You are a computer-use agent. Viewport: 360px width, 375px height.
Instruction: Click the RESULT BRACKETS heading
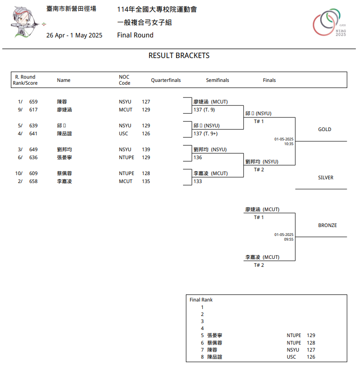click(179, 56)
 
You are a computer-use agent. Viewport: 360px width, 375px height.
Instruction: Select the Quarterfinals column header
click(166, 80)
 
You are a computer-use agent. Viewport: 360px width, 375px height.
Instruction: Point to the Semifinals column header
click(217, 80)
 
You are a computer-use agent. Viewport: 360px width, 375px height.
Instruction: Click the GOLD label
click(324, 129)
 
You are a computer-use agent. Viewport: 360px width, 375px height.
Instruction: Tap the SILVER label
click(325, 177)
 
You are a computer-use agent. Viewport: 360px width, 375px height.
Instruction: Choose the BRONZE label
click(327, 225)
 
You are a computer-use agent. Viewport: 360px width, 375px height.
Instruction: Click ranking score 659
click(33, 102)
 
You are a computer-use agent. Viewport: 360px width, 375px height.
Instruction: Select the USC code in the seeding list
click(123, 133)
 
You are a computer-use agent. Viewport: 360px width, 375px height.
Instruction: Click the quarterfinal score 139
click(146, 149)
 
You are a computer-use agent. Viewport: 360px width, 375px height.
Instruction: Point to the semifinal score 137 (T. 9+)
click(206, 133)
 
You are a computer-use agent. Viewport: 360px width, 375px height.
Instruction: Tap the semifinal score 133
click(198, 181)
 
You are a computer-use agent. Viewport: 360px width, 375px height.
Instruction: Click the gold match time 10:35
click(288, 144)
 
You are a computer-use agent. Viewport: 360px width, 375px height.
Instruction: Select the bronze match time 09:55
click(288, 239)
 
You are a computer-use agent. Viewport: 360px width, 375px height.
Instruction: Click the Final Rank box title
click(201, 300)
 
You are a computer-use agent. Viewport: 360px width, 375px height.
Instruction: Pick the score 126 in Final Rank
click(311, 357)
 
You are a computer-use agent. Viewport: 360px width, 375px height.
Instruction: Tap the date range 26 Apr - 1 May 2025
click(74, 35)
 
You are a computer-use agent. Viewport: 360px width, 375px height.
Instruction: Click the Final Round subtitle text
click(135, 35)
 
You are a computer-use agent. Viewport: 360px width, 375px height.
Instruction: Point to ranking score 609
click(33, 173)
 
